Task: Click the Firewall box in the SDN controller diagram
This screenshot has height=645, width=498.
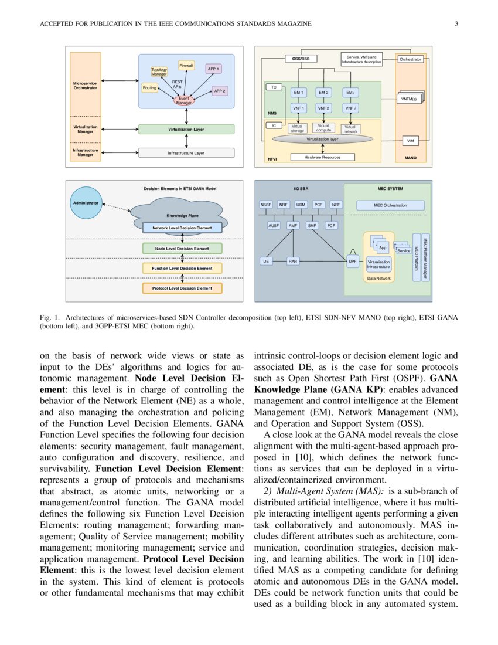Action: pos(186,65)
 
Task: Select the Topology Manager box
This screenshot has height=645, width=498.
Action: pos(159,72)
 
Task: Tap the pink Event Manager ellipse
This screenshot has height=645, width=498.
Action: pos(183,100)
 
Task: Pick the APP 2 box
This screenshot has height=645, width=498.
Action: pos(220,91)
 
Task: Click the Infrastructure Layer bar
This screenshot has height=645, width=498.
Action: pos(186,153)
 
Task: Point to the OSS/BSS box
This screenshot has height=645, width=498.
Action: pos(301,59)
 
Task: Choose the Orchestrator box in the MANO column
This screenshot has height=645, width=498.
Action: pos(410,59)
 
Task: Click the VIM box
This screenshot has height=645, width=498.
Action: pos(410,141)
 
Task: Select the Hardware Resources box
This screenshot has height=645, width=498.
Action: pos(322,157)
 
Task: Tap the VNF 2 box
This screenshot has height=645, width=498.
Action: pos(323,108)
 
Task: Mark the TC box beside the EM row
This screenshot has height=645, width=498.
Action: pos(274,87)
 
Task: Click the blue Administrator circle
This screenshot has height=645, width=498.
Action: pos(86,203)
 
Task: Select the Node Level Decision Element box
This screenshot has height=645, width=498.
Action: pos(183,249)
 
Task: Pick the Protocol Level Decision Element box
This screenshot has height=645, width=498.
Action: pos(183,288)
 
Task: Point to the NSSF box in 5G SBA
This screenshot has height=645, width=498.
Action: pos(267,205)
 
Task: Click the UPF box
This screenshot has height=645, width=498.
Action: pos(353,262)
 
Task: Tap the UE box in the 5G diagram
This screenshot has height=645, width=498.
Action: pos(267,262)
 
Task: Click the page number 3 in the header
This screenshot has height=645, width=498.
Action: pos(455,23)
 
